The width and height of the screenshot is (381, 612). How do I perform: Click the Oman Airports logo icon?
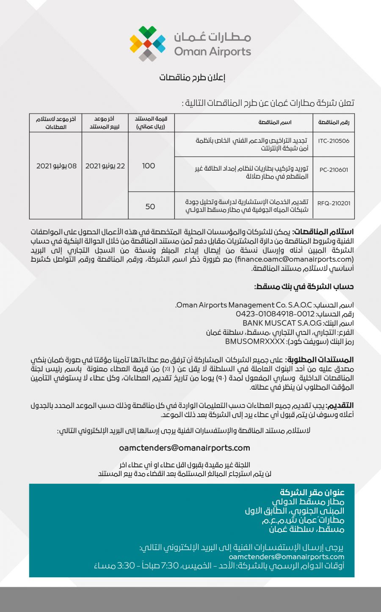(x=147, y=43)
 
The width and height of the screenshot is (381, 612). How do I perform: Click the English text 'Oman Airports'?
(x=213, y=52)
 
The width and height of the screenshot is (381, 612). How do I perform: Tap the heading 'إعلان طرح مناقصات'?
(x=192, y=78)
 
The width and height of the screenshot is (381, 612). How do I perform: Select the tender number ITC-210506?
(x=334, y=141)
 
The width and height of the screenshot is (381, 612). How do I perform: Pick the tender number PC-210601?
(x=334, y=170)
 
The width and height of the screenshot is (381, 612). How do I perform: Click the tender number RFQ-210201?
(x=334, y=203)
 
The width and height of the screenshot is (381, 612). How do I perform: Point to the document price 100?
(x=149, y=166)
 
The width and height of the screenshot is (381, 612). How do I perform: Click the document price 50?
(x=150, y=206)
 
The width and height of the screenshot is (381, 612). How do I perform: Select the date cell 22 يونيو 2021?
(x=105, y=166)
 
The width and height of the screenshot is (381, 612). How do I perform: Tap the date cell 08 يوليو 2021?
(x=56, y=166)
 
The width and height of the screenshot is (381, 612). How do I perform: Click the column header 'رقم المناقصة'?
(x=334, y=122)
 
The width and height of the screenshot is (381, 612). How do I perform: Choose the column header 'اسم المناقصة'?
(x=275, y=122)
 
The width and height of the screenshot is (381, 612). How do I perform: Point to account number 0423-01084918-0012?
(x=275, y=314)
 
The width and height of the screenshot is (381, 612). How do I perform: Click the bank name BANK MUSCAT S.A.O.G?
(x=282, y=323)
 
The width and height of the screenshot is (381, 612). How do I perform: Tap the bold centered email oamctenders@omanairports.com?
(x=184, y=448)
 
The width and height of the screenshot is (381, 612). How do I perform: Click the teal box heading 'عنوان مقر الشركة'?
(x=312, y=492)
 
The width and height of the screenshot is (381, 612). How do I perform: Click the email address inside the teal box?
(x=286, y=557)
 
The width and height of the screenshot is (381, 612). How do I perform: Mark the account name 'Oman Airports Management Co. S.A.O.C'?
(x=244, y=305)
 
